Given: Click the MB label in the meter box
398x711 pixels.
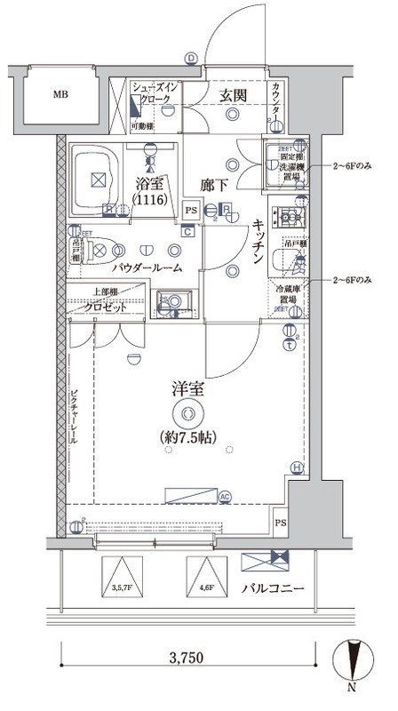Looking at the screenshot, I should coord(59,94).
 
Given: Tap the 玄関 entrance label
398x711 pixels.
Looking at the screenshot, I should coord(235,95).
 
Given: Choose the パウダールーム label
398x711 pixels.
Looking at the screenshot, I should coord(147,268).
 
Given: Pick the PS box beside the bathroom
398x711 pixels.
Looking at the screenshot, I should coord(191,211).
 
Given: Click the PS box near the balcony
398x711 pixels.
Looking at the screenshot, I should coord(282,523).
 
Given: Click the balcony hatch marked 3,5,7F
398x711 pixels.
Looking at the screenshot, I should coord(123,575).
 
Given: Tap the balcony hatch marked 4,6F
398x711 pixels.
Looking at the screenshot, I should coord(206,575).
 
